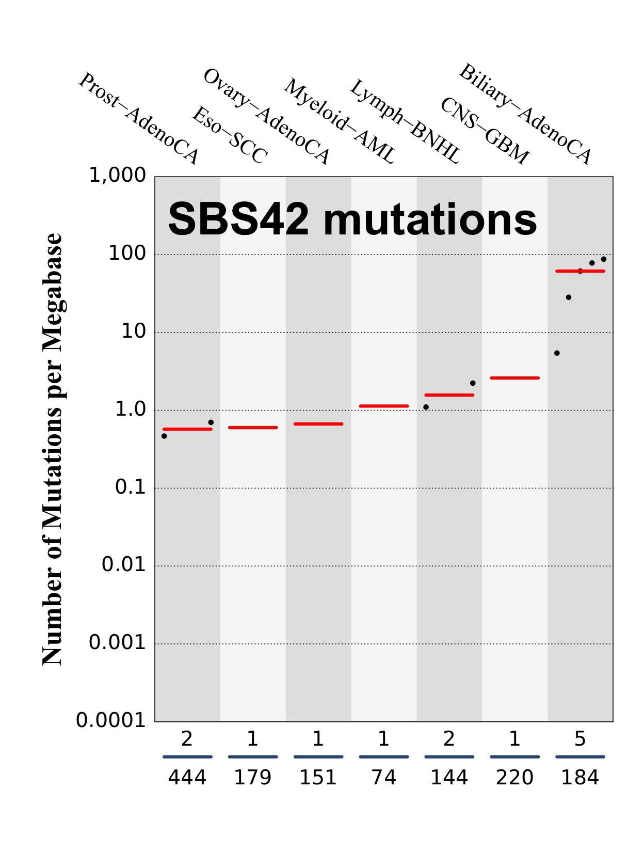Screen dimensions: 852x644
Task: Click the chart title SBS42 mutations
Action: tap(352, 219)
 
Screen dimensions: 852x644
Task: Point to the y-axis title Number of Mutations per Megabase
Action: tap(52, 449)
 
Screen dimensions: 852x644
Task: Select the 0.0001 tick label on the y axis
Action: tap(111, 720)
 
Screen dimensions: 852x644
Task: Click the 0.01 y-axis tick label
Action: tap(124, 565)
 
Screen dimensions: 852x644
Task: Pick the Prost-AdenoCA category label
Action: tap(138, 118)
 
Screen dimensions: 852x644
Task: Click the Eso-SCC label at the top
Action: tap(230, 135)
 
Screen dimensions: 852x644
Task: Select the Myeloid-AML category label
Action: tap(339, 121)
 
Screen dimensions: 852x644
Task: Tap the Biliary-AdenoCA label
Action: tap(524, 114)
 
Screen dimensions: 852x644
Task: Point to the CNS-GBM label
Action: tap(485, 131)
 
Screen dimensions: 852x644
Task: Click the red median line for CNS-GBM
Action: tap(514, 378)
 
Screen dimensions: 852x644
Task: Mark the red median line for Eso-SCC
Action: tap(253, 428)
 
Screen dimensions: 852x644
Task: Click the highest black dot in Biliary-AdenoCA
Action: tap(603, 259)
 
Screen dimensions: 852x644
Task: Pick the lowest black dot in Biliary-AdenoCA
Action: tap(557, 353)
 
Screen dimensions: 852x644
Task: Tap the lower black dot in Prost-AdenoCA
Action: tap(164, 436)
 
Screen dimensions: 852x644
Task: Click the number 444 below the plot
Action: tap(187, 778)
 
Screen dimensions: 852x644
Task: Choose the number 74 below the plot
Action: tap(383, 778)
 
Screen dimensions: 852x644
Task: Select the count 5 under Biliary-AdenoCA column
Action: tap(580, 739)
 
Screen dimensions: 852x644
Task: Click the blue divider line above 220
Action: tap(514, 757)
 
